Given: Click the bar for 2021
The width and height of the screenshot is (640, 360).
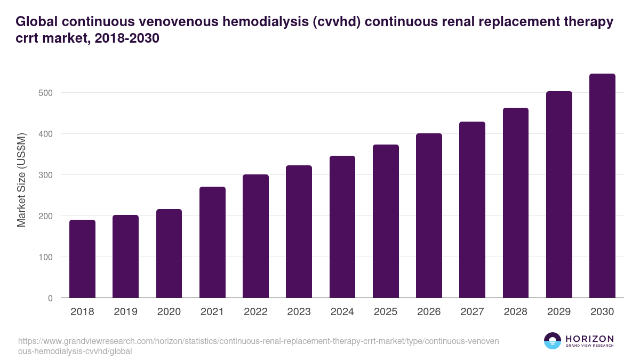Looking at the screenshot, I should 212,242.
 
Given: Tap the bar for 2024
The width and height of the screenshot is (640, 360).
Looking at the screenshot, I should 342,227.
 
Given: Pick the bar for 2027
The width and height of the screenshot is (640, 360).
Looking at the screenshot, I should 473,210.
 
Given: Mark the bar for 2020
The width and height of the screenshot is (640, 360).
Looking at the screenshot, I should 169,253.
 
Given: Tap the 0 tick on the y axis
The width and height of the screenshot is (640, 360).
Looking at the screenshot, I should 50,298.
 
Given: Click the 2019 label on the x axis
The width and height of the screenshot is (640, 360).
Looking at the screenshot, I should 125,312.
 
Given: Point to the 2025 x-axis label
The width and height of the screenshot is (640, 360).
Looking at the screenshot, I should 386,312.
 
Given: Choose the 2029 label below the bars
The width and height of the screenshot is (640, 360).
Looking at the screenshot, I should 559,312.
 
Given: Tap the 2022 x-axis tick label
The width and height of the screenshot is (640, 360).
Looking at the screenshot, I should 255,312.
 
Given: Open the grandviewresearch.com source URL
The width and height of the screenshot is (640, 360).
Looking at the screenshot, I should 258,346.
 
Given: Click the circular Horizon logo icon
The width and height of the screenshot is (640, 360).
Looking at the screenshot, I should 553,341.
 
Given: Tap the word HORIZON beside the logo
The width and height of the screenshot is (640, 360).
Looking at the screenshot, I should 589,339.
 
